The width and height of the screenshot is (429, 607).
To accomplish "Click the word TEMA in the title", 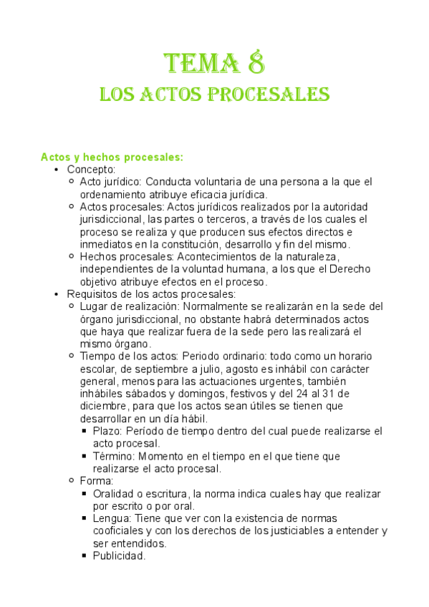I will pos(201,64).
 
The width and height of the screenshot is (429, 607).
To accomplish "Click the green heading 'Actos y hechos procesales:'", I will pos(112,157).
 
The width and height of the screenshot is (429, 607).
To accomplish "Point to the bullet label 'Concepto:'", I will pos(91,170).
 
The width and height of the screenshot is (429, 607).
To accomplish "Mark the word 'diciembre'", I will pos(105,407).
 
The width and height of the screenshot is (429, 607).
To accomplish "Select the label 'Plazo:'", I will pos(109,431).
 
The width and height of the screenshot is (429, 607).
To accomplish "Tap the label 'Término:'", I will pos(114,456).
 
